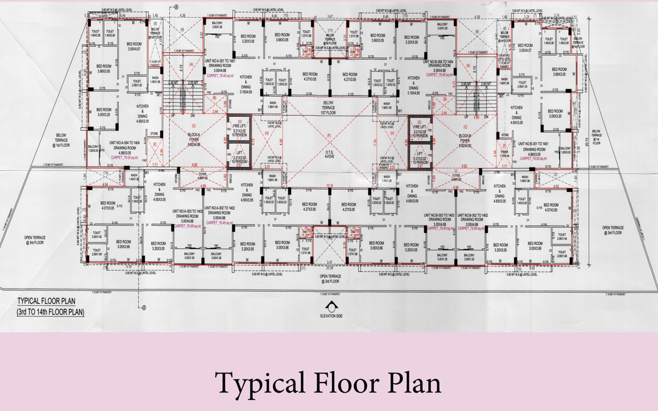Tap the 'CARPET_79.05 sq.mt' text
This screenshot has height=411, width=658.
125,158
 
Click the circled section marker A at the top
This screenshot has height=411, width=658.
176,7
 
